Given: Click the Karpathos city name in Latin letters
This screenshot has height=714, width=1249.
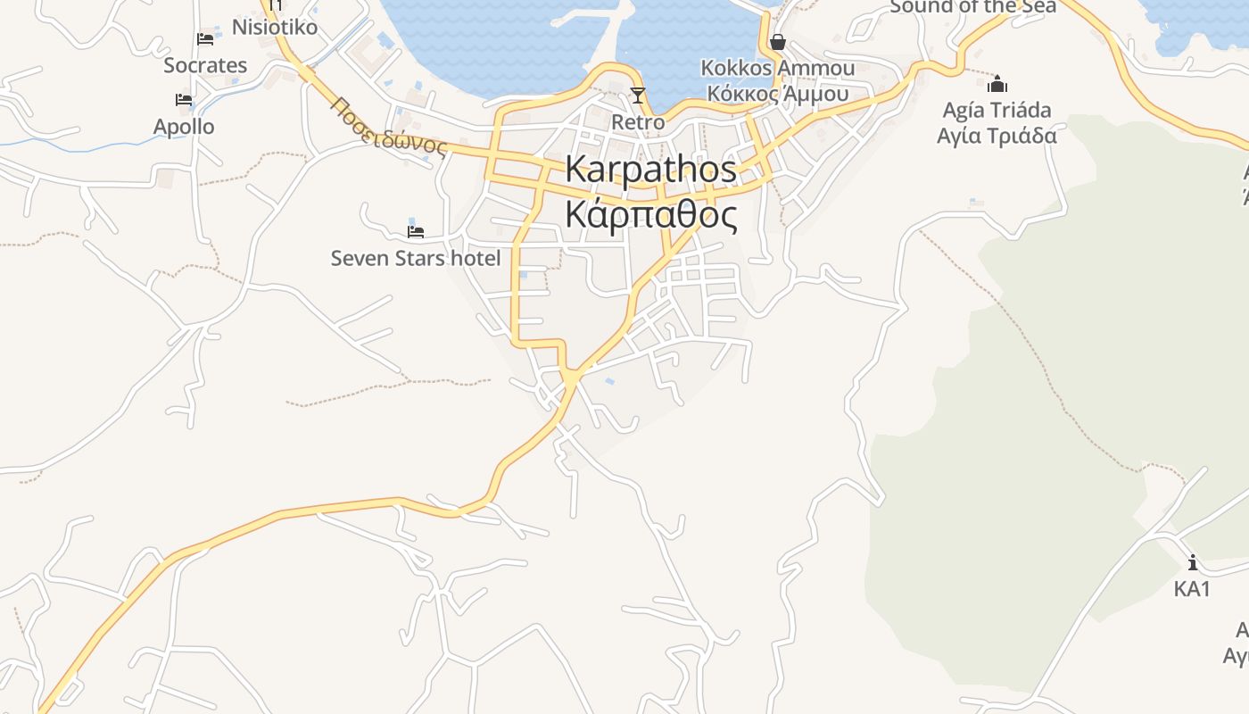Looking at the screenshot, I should (651, 170).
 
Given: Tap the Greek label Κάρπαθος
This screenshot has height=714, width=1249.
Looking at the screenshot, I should (651, 215).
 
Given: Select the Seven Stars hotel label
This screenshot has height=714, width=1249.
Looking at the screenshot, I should (416, 259).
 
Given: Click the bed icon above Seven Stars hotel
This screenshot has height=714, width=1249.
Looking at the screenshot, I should (415, 232).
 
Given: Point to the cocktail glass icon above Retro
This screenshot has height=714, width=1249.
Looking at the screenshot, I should (637, 95).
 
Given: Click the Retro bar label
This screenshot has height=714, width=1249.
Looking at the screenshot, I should (638, 121).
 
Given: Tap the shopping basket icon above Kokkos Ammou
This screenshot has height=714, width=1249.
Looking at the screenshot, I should (778, 42).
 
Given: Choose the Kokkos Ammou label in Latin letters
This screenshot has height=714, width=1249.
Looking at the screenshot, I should (778, 68).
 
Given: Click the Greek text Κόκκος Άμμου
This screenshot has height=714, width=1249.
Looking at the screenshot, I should (778, 93).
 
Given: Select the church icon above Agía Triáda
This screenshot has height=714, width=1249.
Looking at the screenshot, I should (997, 84).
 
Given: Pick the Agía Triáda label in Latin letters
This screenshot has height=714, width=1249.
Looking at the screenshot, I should (997, 110).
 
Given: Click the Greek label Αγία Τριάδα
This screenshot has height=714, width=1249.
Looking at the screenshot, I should (997, 136).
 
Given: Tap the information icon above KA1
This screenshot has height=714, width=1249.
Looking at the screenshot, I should (1193, 562).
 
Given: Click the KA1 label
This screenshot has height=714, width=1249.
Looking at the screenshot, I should (1193, 589).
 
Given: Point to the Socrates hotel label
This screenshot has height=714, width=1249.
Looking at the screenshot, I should (205, 65).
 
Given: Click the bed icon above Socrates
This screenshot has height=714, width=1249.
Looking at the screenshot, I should (205, 39).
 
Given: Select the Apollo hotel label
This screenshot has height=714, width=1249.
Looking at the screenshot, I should (184, 126).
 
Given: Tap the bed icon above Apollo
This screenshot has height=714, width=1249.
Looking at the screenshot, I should (184, 100).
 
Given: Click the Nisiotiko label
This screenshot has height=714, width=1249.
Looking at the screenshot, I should (275, 27).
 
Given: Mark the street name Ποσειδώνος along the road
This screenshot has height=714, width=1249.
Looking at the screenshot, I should (388, 128).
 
